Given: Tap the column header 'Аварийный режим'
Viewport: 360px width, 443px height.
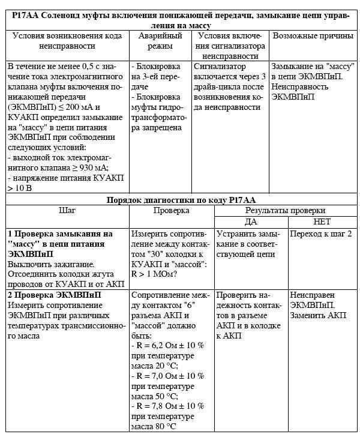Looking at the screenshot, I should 160,41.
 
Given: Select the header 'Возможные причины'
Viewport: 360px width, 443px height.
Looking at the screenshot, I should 313,36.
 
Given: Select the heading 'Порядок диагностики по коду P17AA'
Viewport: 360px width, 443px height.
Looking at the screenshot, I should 181,200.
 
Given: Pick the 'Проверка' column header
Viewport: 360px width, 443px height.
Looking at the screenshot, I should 171,211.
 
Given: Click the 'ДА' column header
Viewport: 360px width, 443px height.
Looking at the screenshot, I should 251,221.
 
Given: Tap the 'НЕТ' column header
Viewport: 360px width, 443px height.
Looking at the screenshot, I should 322,221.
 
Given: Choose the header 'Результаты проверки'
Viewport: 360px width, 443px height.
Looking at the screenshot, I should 286,211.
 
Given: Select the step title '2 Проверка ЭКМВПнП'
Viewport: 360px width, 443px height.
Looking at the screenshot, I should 54,295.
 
